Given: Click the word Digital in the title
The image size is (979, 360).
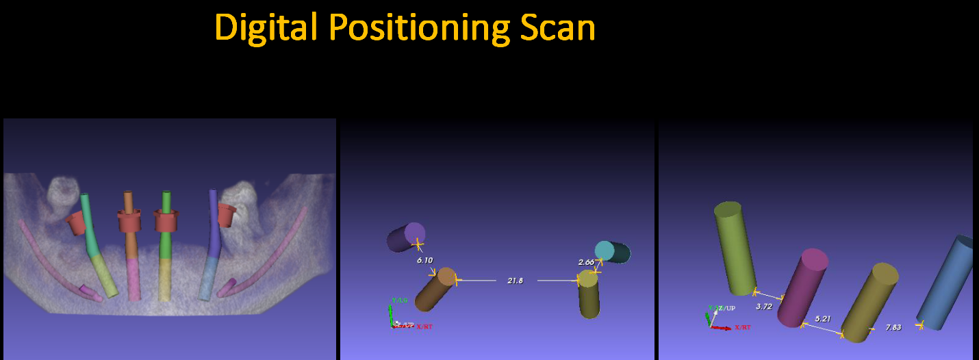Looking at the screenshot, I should (267, 29).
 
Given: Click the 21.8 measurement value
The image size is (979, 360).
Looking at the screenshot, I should (515, 281).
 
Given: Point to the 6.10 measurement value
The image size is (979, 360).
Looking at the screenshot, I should (424, 260).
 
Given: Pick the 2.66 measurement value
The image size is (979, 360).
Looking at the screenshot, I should (586, 262).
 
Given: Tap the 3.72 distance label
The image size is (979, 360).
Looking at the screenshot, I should (764, 307).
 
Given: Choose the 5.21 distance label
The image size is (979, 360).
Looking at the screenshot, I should (823, 319).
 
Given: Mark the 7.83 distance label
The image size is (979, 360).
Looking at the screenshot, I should (893, 327).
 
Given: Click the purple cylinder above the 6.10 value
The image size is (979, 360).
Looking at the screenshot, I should (406, 237).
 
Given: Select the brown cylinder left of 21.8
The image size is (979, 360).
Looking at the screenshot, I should (435, 289).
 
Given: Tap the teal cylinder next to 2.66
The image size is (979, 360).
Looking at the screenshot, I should (613, 252).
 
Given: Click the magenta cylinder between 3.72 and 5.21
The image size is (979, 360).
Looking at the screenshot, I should (802, 287).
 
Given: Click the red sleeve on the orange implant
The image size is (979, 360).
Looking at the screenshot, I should (129, 222).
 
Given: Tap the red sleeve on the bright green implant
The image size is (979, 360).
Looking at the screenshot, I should (166, 221).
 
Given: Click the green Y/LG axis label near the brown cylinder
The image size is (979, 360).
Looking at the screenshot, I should (399, 300).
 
